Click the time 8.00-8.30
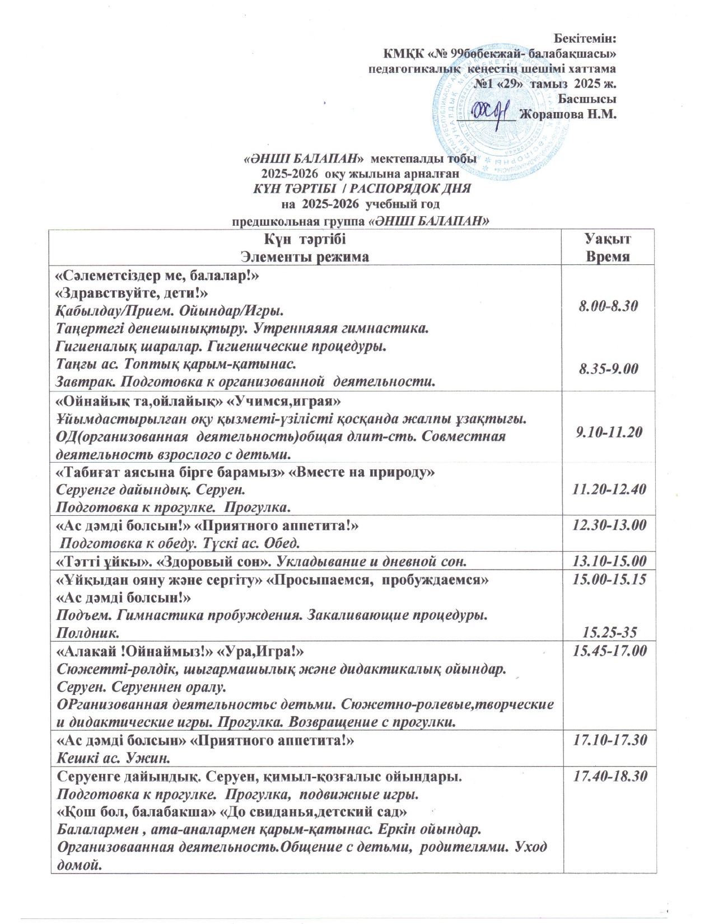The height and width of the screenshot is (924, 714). point(608,306)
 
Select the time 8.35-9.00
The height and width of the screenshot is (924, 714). point(608,369)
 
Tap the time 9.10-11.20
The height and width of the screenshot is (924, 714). point(608,432)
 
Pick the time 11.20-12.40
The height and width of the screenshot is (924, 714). point(609,489)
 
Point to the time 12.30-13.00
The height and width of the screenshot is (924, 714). point(609,525)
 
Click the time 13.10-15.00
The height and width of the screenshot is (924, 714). point(609,561)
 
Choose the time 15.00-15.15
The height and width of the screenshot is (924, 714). point(609,580)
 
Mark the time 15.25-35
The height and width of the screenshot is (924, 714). point(610,632)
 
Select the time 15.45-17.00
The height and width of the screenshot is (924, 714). point(609,651)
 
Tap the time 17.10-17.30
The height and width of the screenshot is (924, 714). point(609,740)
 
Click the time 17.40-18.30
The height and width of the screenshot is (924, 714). point(609,776)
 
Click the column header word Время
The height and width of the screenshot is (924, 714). point(608,257)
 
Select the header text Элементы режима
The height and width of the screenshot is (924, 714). point(305,257)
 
